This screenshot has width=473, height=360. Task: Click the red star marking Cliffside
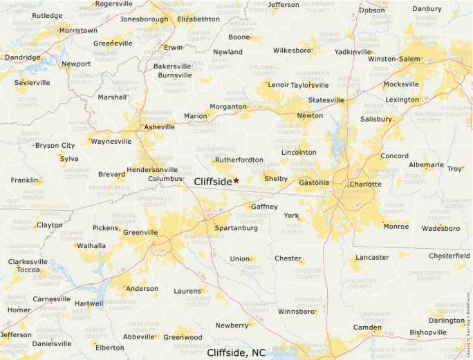click(236, 180)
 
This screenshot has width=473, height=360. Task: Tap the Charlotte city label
click(365, 184)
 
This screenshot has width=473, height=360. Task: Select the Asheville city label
click(159, 127)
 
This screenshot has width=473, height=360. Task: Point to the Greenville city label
click(140, 232)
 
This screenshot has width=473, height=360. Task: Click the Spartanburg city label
click(236, 228)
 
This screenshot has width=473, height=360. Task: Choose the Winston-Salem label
click(394, 59)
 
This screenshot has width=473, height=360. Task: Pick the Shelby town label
click(276, 178)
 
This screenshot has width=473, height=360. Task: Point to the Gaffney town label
click(264, 207)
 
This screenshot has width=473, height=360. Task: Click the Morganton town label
click(228, 107)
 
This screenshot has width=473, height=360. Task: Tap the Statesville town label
click(326, 100)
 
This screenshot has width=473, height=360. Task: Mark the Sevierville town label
click(32, 83)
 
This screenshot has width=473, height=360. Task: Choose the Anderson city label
click(142, 289)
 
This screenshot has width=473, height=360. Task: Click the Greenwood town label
click(183, 337)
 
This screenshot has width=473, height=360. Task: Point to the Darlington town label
click(446, 321)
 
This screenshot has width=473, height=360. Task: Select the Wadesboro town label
click(440, 228)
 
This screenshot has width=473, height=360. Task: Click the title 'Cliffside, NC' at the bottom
click(236, 352)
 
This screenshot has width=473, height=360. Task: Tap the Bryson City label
click(55, 146)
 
